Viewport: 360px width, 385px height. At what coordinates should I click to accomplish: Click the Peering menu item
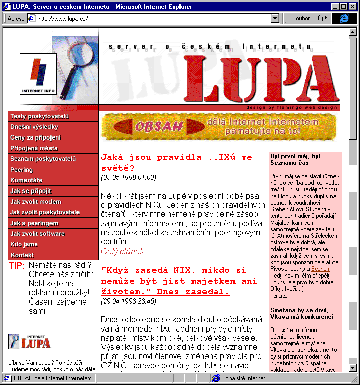tap(21, 170)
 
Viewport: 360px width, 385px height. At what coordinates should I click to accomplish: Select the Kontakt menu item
tap(22, 255)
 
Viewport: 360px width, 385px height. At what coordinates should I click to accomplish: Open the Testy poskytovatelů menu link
tap(39, 116)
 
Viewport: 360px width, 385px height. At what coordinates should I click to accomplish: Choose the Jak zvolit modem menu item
tap(36, 202)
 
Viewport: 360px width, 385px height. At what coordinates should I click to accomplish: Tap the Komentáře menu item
tap(27, 180)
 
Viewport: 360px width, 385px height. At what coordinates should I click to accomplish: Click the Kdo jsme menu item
tap(23, 244)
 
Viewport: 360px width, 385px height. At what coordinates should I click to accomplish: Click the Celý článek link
tap(122, 252)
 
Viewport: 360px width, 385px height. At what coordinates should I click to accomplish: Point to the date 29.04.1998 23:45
tap(128, 301)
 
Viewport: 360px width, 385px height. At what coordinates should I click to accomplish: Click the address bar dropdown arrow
tap(275, 18)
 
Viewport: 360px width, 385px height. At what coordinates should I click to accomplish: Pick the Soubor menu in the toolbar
tap(301, 18)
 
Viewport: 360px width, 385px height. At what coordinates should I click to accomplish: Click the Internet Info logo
tap(38, 74)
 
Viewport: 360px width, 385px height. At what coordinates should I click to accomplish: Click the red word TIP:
tap(17, 266)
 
